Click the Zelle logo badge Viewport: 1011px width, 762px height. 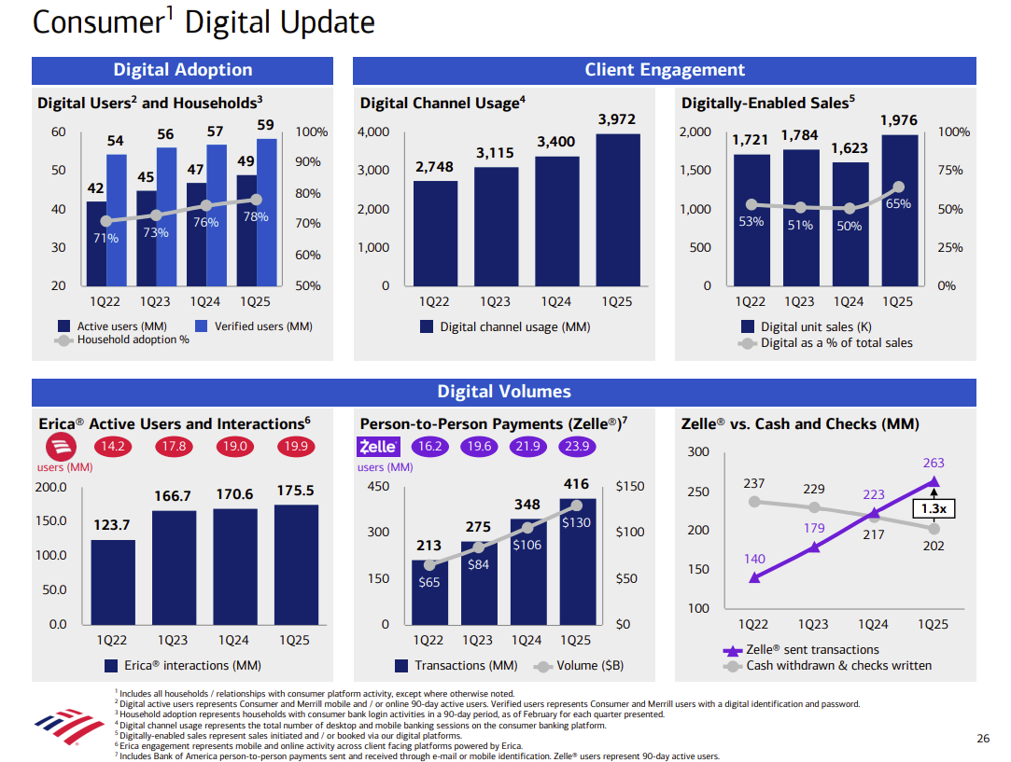point(378,447)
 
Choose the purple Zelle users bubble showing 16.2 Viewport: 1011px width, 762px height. point(430,447)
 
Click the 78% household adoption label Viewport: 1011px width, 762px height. point(256,216)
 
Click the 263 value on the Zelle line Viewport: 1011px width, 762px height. point(934,463)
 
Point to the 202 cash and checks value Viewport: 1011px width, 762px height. point(934,546)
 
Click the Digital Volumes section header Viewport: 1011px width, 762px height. point(504,392)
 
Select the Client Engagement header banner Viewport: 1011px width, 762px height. point(665,70)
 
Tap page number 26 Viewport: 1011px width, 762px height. point(982,739)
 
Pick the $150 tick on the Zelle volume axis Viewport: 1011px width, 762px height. point(630,487)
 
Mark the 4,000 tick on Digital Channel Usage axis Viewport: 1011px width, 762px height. point(373,132)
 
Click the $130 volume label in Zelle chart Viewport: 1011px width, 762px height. point(576,522)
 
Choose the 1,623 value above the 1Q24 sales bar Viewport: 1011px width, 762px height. point(849,147)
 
